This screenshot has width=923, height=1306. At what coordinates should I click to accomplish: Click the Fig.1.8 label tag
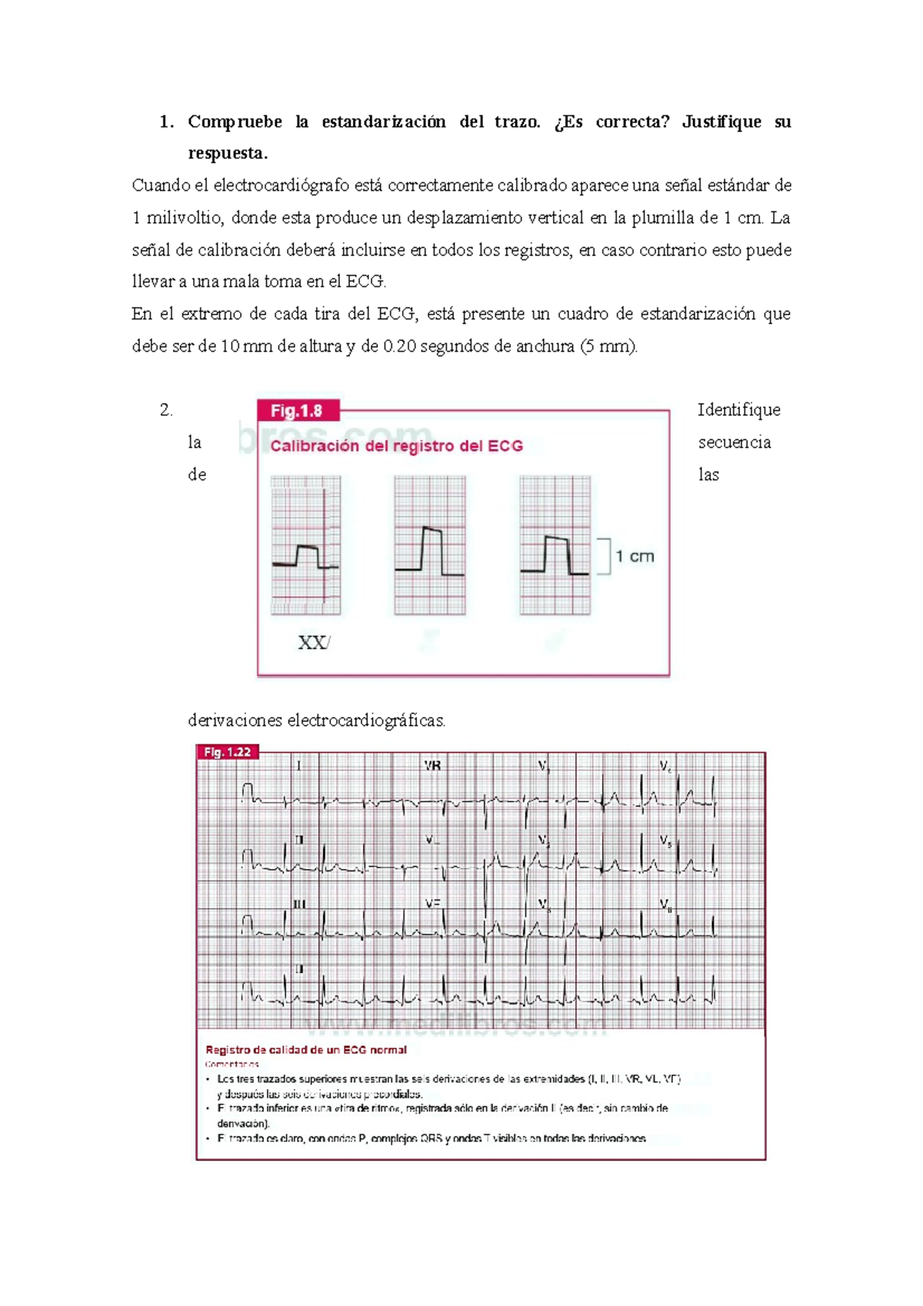coord(297,411)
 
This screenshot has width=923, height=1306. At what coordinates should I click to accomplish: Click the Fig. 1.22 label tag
coord(228,751)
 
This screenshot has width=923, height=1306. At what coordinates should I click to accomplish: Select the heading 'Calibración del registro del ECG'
coord(396,446)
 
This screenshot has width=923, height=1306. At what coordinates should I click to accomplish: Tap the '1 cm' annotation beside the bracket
coord(635,556)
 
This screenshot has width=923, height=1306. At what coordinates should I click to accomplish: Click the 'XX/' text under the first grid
coord(314,643)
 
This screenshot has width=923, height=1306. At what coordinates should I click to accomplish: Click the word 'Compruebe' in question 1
coord(235,122)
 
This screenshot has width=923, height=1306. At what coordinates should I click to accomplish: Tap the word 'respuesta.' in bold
coord(228,153)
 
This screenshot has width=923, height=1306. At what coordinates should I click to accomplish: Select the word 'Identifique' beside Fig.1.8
coord(738,410)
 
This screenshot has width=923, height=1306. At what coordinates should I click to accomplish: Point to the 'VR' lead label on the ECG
coord(432,766)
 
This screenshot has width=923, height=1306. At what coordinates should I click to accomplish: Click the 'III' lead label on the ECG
coord(299,905)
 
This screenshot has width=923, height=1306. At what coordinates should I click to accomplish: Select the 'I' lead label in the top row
coord(299,766)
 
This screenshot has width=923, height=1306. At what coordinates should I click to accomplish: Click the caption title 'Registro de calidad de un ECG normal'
coord(306,1049)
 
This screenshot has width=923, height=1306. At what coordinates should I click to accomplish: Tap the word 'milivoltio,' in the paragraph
coord(184,218)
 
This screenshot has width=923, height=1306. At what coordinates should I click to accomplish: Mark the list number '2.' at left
coord(166,410)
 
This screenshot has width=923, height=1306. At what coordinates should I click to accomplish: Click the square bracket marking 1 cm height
coord(605,556)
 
